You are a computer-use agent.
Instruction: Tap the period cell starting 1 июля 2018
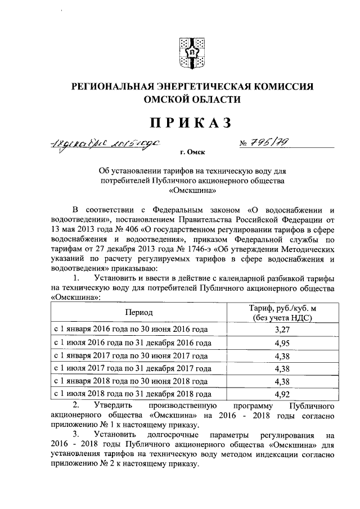click(132, 395)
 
